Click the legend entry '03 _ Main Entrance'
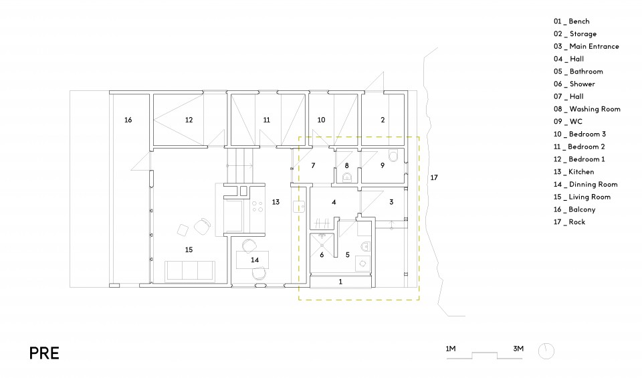586,46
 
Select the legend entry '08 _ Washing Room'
586,109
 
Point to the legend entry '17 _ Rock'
569,222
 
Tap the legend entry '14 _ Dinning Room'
586,184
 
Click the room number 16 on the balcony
128,120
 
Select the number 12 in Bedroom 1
189,120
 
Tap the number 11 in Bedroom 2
267,120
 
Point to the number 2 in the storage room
383,120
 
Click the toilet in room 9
393,156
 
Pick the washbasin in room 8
347,177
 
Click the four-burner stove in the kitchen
257,207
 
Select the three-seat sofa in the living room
189,271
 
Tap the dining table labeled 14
253,260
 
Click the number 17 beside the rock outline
434,178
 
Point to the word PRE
44,353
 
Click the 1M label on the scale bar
450,349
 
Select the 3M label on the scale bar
518,349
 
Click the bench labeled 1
340,282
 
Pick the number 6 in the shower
322,255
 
